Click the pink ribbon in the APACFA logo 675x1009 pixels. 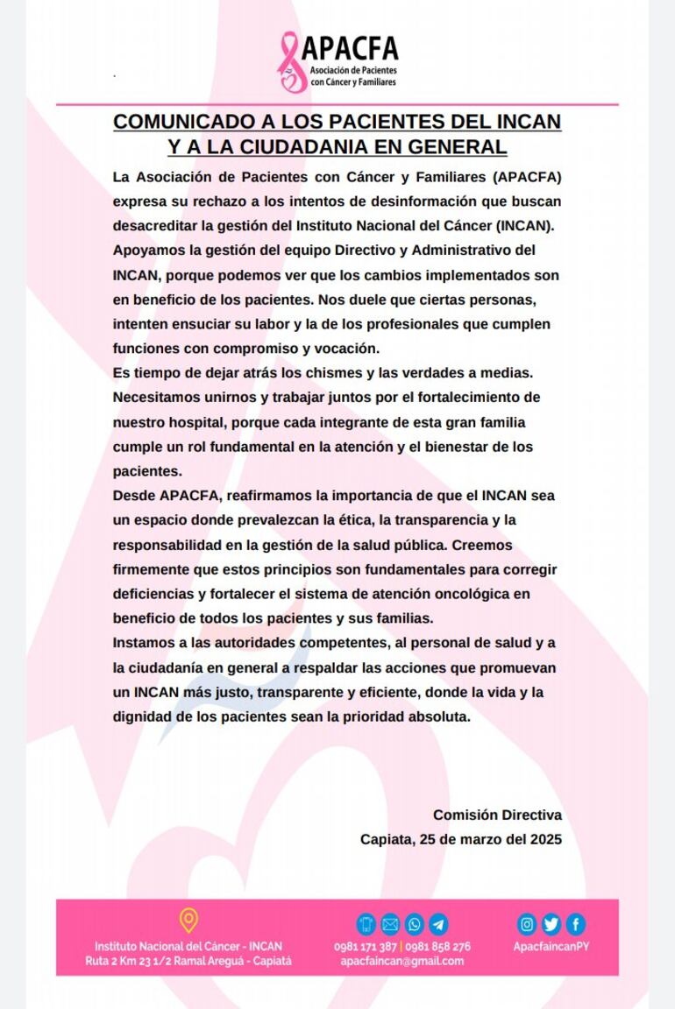(289, 62)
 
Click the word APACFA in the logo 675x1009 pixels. (350, 47)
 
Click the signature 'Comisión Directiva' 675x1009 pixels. (497, 815)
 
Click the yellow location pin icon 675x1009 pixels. (188, 921)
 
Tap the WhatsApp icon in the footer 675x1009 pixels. (415, 924)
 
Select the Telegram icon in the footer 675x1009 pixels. (438, 924)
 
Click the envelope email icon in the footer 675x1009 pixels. (390, 924)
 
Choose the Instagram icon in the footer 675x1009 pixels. (527, 924)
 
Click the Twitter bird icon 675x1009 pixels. (551, 924)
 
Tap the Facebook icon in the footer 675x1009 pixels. (575, 924)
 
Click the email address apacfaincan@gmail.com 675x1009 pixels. (402, 961)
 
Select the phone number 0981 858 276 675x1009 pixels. (437, 946)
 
